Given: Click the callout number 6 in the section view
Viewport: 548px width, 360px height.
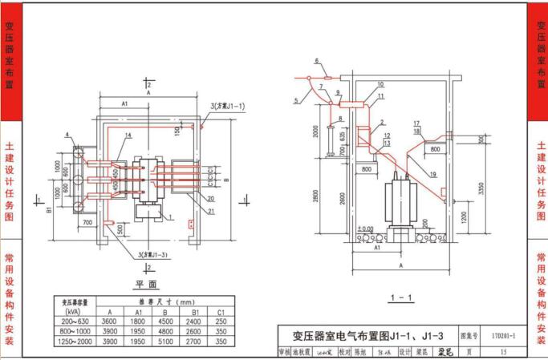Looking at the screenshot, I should click(316, 61).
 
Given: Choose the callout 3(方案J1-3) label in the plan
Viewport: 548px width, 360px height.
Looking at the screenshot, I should click(157, 255).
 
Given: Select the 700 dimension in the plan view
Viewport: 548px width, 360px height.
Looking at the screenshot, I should click(87, 222).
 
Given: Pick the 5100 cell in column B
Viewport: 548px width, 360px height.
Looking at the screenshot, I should click(165, 341).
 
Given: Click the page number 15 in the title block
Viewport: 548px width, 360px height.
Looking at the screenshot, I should click(503, 350).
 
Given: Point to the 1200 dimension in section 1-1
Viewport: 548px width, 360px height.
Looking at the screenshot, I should click(464, 216).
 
